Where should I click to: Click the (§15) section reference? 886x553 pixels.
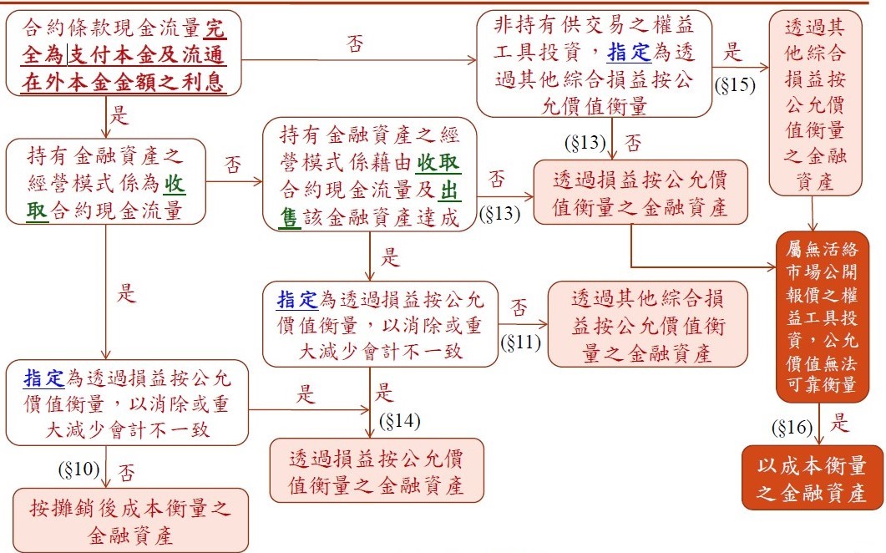click(x=735, y=85)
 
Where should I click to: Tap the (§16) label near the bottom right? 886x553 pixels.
click(x=792, y=428)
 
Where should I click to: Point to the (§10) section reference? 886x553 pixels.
click(x=78, y=469)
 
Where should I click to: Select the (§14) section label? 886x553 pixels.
click(x=399, y=421)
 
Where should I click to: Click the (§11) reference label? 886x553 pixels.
click(x=520, y=342)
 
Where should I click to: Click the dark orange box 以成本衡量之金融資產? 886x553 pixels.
click(x=812, y=478)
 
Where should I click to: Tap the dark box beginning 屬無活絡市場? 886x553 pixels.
click(x=822, y=317)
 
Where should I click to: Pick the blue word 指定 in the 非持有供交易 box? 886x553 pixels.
click(x=629, y=53)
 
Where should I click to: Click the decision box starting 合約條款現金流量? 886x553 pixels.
click(x=124, y=53)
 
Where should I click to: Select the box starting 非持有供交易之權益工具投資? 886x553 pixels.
click(x=594, y=63)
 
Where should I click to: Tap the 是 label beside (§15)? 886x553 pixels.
click(x=732, y=52)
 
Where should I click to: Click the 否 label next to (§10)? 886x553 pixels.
click(x=127, y=472)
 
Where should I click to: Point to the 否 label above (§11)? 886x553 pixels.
click(x=519, y=307)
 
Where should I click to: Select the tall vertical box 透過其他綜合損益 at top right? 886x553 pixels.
click(x=815, y=103)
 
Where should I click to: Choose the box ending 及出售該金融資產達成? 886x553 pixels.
click(x=370, y=175)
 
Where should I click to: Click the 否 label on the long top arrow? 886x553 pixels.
click(x=355, y=43)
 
